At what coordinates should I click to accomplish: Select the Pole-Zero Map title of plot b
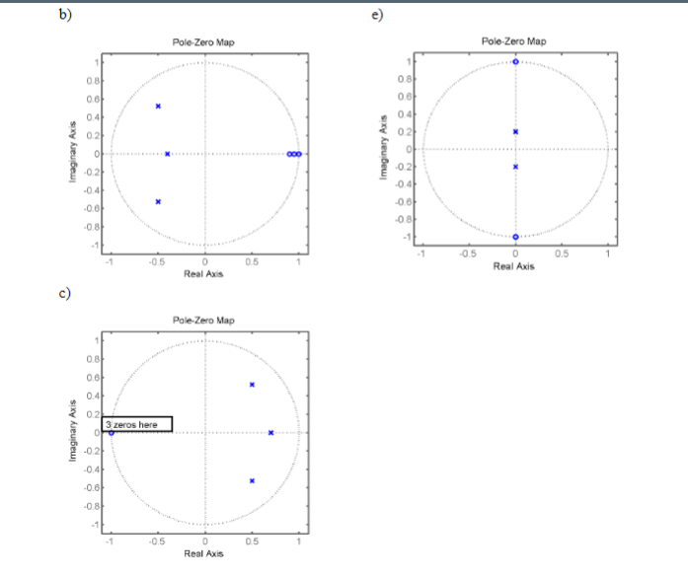[x=203, y=42]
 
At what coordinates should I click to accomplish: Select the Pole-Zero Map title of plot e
[x=513, y=41]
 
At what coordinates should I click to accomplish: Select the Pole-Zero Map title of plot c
[x=203, y=321]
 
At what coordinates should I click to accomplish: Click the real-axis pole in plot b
[x=168, y=154]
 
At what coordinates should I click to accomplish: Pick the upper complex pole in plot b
[x=158, y=106]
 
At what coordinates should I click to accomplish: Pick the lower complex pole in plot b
[x=158, y=201]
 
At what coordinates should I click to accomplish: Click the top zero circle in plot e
[x=515, y=62]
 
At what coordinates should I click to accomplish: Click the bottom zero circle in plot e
[x=515, y=237]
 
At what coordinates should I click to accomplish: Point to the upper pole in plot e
[x=515, y=131]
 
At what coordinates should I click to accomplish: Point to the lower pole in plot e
[x=515, y=167]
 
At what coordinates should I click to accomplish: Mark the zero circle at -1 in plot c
[x=112, y=433]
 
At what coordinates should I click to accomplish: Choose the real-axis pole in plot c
[x=270, y=433]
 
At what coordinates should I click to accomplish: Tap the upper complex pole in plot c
[x=253, y=385]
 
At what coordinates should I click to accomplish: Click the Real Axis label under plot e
[x=513, y=266]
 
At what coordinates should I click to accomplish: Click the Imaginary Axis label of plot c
[x=72, y=432]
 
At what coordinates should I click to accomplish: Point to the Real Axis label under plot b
[x=203, y=274]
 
